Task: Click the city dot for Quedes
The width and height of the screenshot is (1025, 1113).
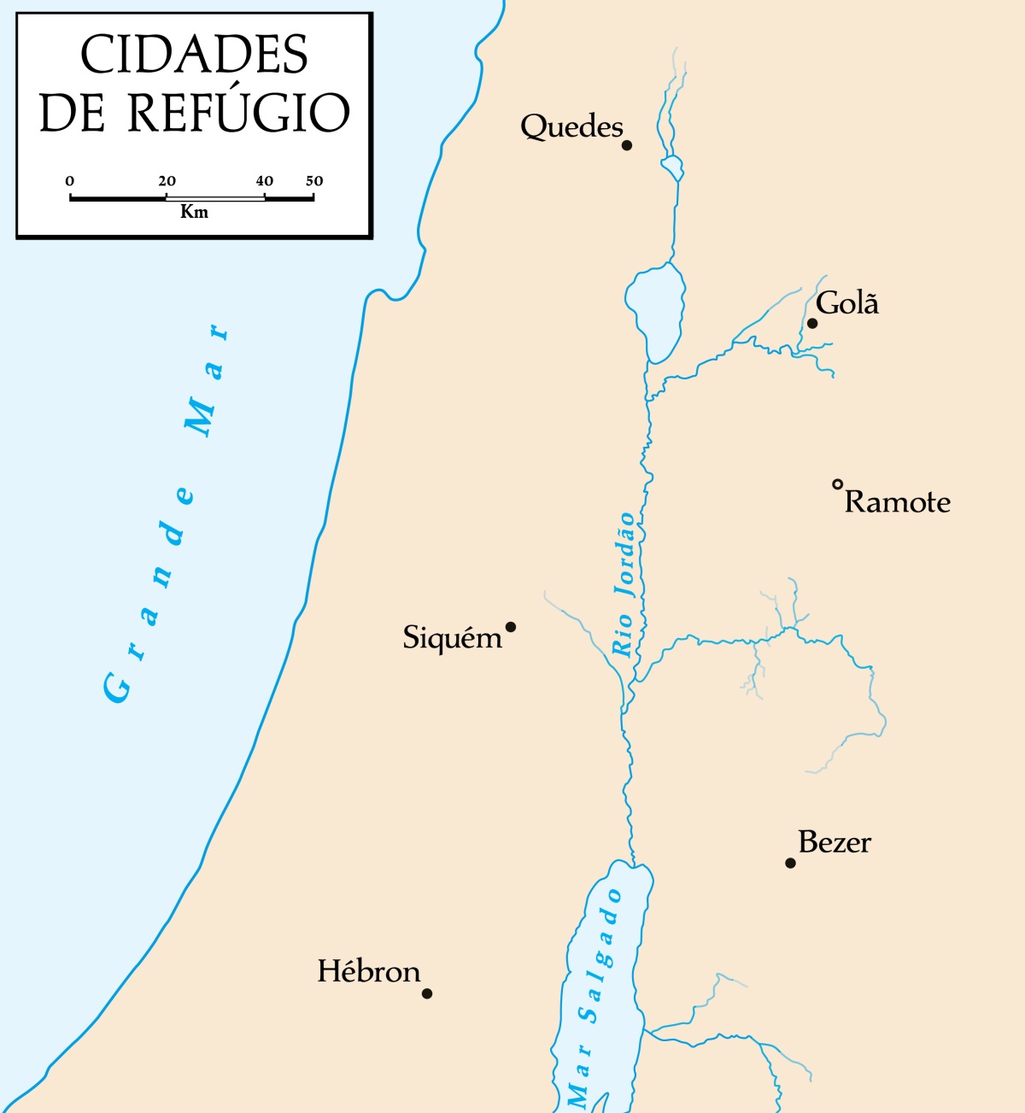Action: [x=627, y=145]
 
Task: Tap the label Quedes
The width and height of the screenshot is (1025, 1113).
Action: [x=571, y=126]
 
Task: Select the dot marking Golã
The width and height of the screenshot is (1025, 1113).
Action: [x=812, y=323]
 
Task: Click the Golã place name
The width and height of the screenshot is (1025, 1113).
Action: [x=846, y=303]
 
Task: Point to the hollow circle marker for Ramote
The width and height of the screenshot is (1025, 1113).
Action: [x=838, y=484]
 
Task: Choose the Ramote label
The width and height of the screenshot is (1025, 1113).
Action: [x=897, y=501]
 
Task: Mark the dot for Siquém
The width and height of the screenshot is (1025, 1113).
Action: [x=511, y=627]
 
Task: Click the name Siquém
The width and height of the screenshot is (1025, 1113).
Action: [x=452, y=638]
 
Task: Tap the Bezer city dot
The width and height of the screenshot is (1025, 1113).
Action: [x=790, y=863]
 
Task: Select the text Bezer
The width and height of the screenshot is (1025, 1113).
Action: [x=835, y=842]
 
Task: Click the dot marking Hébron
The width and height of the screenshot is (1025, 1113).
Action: [x=427, y=993]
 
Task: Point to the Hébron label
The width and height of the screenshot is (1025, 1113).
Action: [x=368, y=971]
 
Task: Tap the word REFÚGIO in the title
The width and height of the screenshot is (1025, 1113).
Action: [x=238, y=113]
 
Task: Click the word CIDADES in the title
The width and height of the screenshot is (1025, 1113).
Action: [x=194, y=56]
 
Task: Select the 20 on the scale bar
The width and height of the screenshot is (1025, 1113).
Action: [x=167, y=181]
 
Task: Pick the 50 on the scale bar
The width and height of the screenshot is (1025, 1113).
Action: [x=314, y=181]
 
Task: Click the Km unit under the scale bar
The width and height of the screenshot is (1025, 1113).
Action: [x=194, y=212]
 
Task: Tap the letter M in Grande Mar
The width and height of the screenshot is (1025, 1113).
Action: [x=202, y=417]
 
